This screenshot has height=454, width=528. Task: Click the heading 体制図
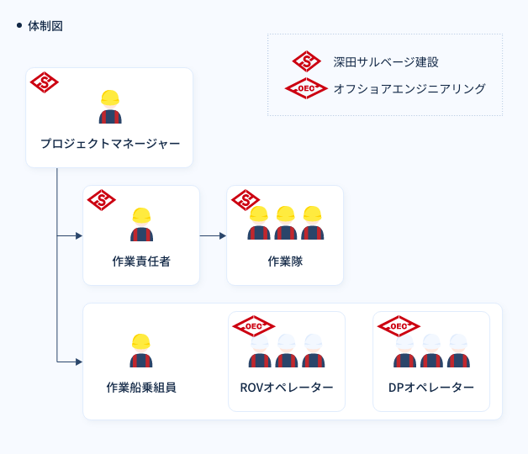pyautogui.click(x=45, y=26)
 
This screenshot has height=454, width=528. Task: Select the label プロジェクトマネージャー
pyautogui.click(x=110, y=144)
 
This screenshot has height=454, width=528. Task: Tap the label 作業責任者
pyautogui.click(x=141, y=261)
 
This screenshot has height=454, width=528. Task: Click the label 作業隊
pyautogui.click(x=285, y=261)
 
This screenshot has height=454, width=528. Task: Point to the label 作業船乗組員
pyautogui.click(x=141, y=388)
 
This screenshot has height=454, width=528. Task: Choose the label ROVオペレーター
pyautogui.click(x=287, y=388)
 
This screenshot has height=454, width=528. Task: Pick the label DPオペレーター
pyautogui.click(x=431, y=388)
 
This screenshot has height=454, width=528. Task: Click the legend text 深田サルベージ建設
pyautogui.click(x=386, y=62)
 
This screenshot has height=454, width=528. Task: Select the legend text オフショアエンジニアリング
pyautogui.click(x=409, y=88)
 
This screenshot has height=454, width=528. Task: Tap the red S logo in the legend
pyautogui.click(x=307, y=61)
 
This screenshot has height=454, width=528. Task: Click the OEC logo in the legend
pyautogui.click(x=306, y=88)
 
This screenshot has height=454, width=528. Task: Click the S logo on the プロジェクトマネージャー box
pyautogui.click(x=44, y=82)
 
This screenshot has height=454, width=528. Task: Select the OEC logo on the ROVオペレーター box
pyautogui.click(x=253, y=325)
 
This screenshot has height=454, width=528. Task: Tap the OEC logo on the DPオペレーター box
pyautogui.click(x=398, y=325)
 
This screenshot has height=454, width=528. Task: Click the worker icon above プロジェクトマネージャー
pyautogui.click(x=110, y=107)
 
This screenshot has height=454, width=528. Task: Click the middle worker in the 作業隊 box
pyautogui.click(x=285, y=223)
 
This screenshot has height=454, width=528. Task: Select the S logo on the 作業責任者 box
pyautogui.click(x=102, y=200)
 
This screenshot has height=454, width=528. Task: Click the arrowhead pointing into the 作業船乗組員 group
pyautogui.click(x=79, y=362)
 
